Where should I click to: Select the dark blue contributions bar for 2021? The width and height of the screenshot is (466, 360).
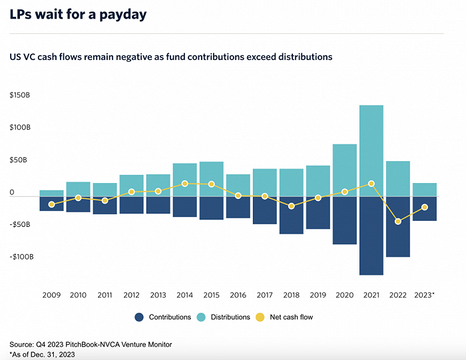click(371, 236)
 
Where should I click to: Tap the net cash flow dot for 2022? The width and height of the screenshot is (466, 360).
click(398, 221)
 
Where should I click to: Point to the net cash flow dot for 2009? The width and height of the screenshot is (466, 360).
click(51, 204)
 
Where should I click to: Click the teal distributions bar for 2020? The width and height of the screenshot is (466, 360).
click(344, 170)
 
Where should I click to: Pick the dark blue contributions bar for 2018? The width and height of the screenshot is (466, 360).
click(291, 215)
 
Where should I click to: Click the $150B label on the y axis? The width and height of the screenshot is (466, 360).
click(20, 95)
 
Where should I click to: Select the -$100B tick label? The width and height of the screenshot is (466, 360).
click(21, 257)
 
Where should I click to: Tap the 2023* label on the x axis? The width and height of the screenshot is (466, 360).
click(424, 294)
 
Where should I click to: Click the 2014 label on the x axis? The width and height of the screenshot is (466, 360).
click(184, 294)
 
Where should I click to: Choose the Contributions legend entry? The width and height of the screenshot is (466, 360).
click(164, 317)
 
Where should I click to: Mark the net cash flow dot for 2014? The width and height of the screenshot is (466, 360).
click(184, 183)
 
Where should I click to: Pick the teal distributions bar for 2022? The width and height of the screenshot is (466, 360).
click(397, 178)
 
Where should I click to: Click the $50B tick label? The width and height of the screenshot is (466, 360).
click(19, 160)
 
